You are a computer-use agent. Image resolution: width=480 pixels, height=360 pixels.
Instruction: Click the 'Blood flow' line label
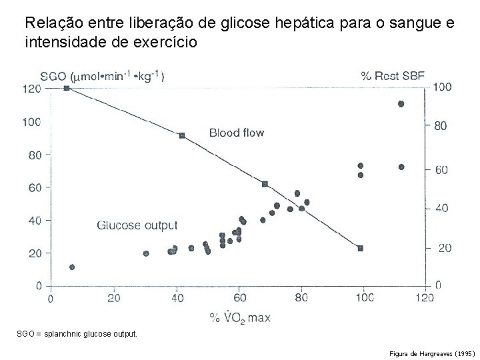(237, 133)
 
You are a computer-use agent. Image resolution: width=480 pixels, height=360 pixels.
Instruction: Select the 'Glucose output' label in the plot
(137, 225)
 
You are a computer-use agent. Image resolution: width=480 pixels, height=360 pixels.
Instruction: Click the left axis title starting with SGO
(103, 75)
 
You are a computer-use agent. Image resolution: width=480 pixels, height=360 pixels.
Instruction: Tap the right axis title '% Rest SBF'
(393, 75)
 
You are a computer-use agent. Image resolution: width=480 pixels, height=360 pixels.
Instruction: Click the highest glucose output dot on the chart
(401, 104)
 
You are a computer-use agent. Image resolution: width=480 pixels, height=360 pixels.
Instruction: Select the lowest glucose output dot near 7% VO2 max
(72, 267)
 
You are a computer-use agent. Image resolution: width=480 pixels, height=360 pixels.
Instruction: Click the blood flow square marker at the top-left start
(67, 88)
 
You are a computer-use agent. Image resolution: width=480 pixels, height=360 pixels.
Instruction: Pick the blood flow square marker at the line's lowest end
(360, 248)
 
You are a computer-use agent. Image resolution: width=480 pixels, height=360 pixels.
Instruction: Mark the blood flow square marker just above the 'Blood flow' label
(182, 135)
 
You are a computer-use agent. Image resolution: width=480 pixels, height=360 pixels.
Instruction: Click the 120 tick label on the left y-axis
(32, 89)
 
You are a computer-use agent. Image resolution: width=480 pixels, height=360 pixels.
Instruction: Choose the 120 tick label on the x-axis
(425, 298)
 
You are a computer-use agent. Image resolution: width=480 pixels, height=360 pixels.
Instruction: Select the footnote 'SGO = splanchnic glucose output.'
(77, 332)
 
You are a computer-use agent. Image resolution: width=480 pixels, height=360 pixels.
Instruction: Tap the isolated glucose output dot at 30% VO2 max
(146, 253)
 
